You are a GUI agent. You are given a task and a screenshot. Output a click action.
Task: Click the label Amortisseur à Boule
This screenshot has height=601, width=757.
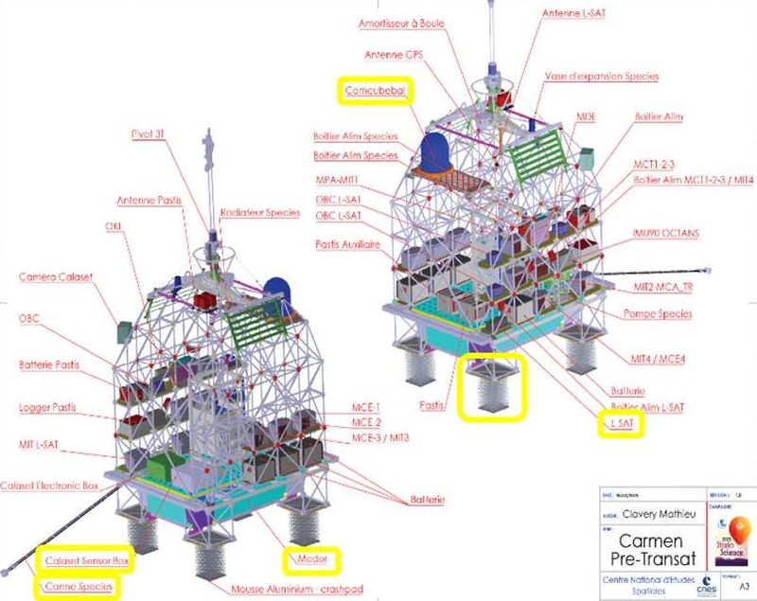point(415,23)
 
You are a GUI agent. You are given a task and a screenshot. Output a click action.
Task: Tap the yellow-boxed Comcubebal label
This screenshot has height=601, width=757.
point(377,91)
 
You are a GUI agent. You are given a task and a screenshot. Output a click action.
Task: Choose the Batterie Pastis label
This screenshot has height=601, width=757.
point(52,364)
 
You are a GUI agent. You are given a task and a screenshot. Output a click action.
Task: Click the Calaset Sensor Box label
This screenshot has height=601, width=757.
point(86,561)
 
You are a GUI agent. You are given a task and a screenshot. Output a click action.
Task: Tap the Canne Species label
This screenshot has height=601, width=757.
point(79,587)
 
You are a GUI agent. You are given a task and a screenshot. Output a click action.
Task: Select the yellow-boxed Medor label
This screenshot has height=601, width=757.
point(311,560)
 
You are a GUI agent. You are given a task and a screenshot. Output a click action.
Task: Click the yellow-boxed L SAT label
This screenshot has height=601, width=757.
point(622,422)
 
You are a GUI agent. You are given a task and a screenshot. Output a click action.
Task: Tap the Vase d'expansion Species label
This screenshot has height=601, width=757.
point(602,76)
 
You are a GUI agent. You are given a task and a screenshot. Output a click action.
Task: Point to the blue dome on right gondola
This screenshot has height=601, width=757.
point(436,151)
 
